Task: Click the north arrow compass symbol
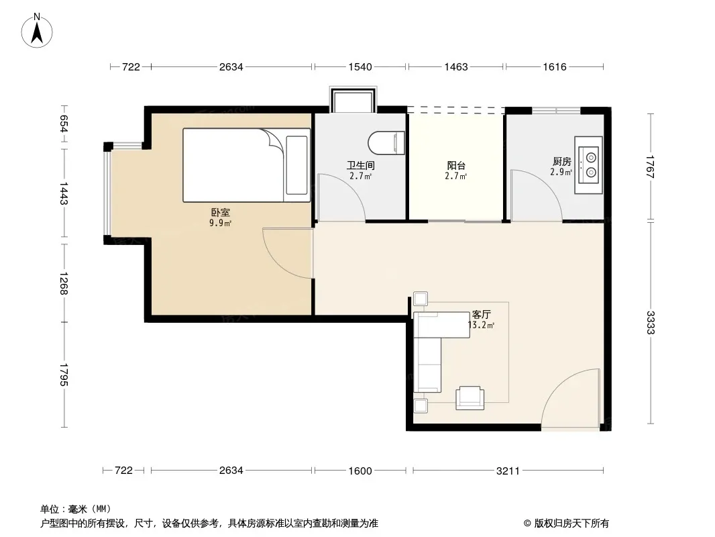coord(37,31)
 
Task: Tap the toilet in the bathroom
coord(386,143)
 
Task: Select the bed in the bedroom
coord(246,165)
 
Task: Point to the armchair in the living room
coord(470,398)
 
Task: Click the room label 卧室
coord(220,213)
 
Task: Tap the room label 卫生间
coord(361,165)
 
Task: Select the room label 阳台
coord(456,165)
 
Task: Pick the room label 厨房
coord(562,162)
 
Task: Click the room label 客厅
coord(482,315)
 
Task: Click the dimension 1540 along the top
coord(360,67)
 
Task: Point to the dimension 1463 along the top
coord(456,67)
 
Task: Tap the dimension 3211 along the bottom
coord(508,471)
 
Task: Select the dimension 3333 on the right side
coord(650,323)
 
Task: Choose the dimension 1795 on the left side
coord(63,375)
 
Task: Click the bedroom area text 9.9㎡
coord(220,223)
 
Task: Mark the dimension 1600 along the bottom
coord(360,471)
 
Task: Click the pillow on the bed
coord(297,165)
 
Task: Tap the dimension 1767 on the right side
coord(650,167)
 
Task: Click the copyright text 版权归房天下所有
coord(571,524)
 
